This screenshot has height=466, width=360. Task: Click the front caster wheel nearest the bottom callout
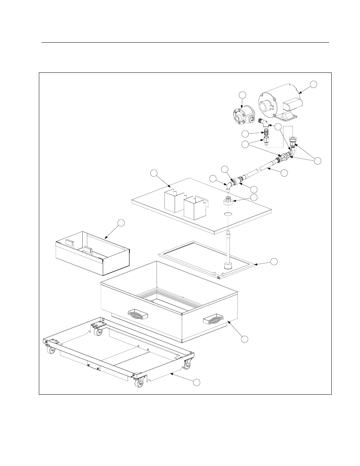coord(138,381)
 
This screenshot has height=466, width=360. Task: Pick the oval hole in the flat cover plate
coord(228,214)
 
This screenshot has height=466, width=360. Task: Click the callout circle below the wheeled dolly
coord(196,383)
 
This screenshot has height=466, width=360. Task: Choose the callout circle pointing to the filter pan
coord(245,339)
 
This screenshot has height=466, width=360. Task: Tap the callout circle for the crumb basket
coord(120,223)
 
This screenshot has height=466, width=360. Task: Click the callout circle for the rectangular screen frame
coord(275,261)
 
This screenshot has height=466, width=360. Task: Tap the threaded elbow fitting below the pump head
coord(263,123)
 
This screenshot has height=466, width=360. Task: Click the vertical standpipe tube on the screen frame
coord(228,249)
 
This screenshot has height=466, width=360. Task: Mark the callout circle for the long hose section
coord(285,172)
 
